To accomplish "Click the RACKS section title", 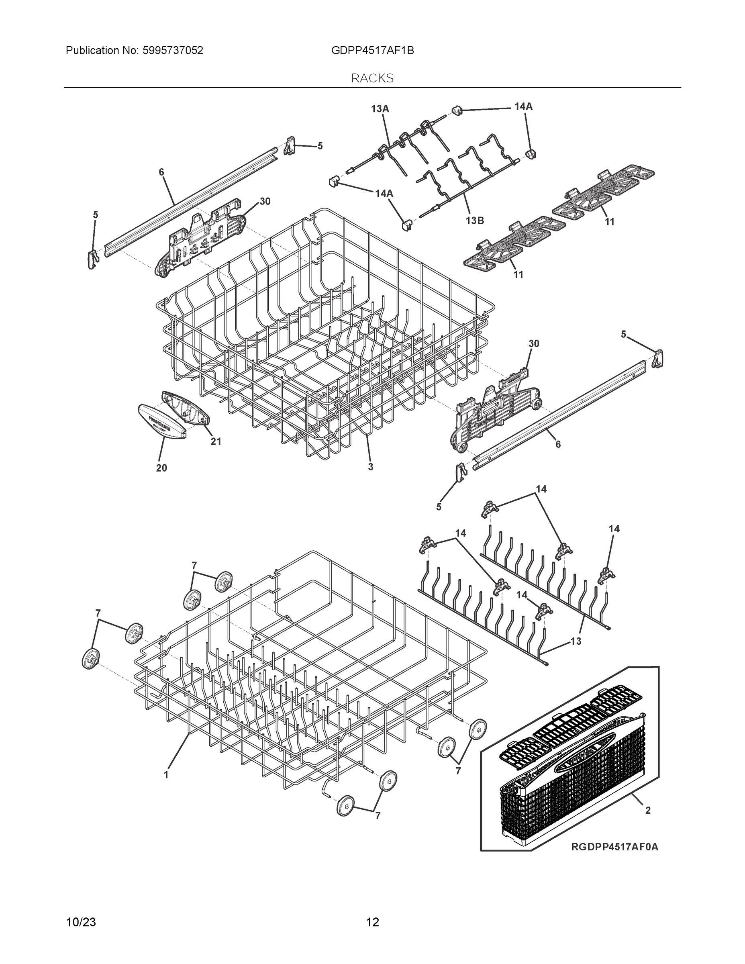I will tap(372, 78).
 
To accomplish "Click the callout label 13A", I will tap(380, 108).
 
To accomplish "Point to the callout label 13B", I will tap(474, 220).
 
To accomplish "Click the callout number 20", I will tap(161, 468).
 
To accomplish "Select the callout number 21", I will tap(215, 441).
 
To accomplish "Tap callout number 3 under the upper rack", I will tap(370, 467).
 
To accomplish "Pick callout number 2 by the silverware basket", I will tap(647, 811).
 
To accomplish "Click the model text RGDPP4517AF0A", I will tap(614, 847).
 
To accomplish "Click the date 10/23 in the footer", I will tap(81, 922).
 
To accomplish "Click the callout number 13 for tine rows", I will tap(576, 641).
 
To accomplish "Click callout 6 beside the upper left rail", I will tap(161, 172).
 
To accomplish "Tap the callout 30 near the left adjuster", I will tap(265, 201).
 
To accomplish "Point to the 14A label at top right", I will tap(523, 106).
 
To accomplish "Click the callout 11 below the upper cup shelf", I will tap(609, 222).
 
